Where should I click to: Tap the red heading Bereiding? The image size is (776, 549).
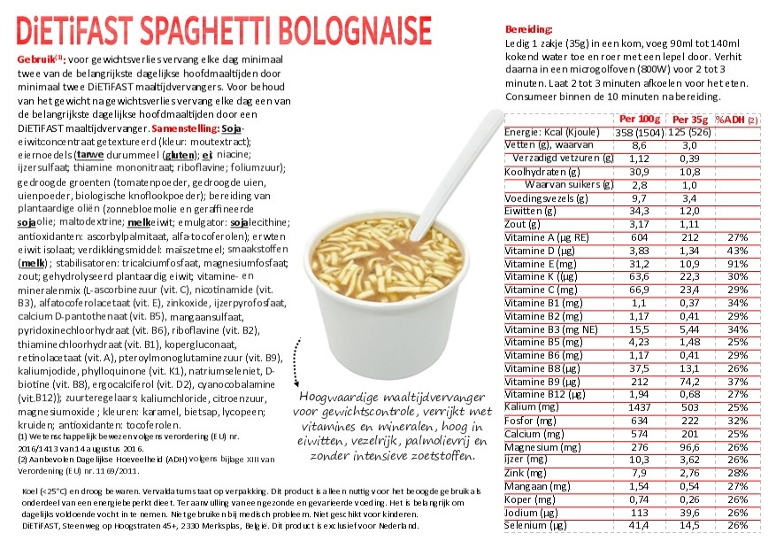pos(527,29)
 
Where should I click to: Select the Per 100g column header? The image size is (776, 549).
pos(639,119)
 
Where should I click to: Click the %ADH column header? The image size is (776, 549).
pos(734,119)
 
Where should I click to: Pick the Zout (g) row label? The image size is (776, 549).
pos(522,224)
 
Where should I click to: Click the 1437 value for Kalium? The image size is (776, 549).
pos(639,406)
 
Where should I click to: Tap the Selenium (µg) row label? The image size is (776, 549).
pos(534,526)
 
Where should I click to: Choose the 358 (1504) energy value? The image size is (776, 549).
pos(639,132)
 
